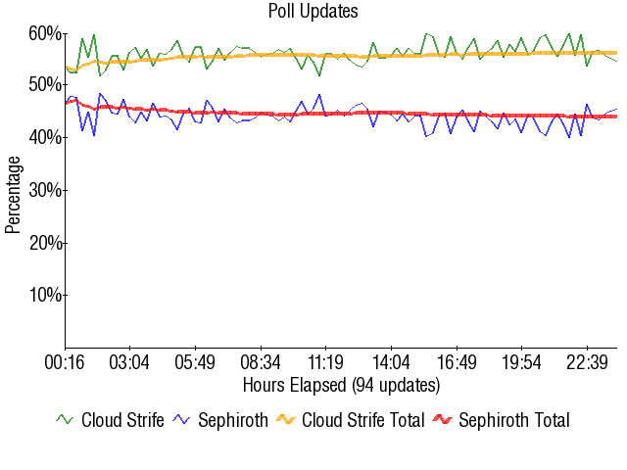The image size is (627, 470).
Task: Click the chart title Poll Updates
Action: click(313, 11)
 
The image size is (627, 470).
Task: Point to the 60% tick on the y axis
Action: click(45, 33)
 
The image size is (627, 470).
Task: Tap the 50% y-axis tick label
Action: click(45, 85)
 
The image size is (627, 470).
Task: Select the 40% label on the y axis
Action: click(45, 138)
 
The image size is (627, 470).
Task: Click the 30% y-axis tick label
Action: click(45, 190)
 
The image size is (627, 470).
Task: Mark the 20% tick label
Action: click(45, 243)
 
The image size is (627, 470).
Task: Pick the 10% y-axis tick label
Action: click(45, 295)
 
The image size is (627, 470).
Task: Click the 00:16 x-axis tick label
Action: click(65, 363)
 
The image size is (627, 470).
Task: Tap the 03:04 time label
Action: click(129, 363)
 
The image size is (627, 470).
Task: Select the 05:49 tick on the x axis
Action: click(195, 363)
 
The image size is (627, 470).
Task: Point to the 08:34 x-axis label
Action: click(261, 363)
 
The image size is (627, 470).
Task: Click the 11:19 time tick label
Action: click(325, 363)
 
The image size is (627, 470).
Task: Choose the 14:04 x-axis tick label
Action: click(391, 363)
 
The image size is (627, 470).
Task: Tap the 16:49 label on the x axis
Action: click(457, 363)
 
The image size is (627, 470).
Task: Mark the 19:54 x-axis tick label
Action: click(521, 363)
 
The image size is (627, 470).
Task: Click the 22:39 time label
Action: click(587, 363)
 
